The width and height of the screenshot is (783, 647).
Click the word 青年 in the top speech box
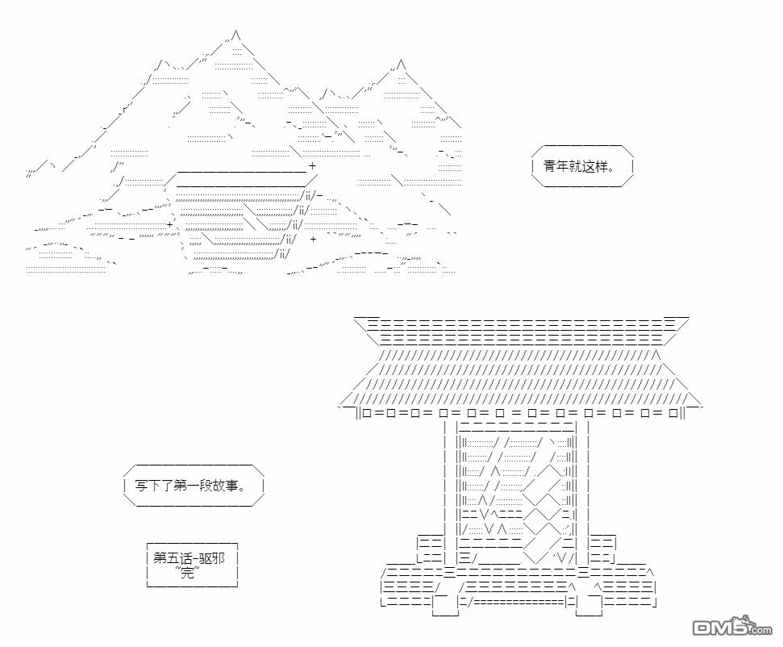point(555,167)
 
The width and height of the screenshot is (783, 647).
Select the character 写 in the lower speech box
point(142,486)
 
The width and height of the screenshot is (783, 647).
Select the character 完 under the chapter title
point(186,573)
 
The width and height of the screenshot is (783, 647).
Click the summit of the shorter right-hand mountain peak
point(401,63)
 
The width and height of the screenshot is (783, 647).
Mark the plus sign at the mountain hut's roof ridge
point(312,167)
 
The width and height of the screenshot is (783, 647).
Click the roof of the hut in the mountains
point(242,179)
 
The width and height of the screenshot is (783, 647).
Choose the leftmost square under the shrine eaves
point(367,413)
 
